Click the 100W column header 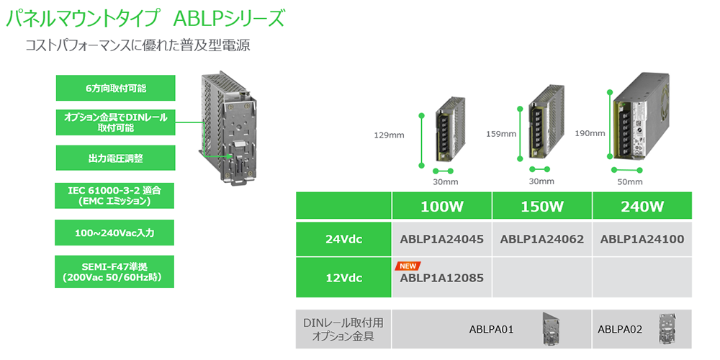point(442,207)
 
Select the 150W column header point(541,207)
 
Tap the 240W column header point(642,207)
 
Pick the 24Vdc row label point(343,239)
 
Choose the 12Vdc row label point(343,276)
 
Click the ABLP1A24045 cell point(441,239)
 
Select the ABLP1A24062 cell point(541,239)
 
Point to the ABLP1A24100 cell point(642,239)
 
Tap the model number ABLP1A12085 point(441,277)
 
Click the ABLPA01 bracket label point(490,330)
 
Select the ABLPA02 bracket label point(621,330)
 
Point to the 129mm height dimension point(389,134)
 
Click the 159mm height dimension point(501,133)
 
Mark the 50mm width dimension point(630,181)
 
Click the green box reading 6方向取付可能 point(115,88)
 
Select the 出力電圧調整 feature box point(115,158)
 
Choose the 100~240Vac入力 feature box point(115,233)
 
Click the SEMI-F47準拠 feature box point(115,271)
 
